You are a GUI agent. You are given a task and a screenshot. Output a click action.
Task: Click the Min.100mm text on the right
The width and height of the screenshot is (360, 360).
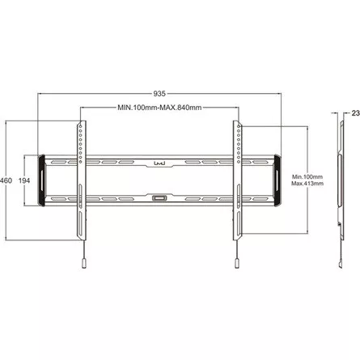(x=307, y=176)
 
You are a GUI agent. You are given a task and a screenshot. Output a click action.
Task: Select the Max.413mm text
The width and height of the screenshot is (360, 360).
(x=307, y=184)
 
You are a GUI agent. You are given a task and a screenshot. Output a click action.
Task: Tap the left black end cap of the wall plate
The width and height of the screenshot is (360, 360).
(x=42, y=180)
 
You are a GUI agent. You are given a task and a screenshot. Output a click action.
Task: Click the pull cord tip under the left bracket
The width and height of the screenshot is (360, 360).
(x=83, y=265)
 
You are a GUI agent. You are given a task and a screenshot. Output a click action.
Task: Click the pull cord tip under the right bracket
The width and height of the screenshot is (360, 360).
(x=236, y=265)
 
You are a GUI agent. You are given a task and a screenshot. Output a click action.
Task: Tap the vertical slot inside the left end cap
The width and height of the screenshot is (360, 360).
(x=43, y=180)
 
